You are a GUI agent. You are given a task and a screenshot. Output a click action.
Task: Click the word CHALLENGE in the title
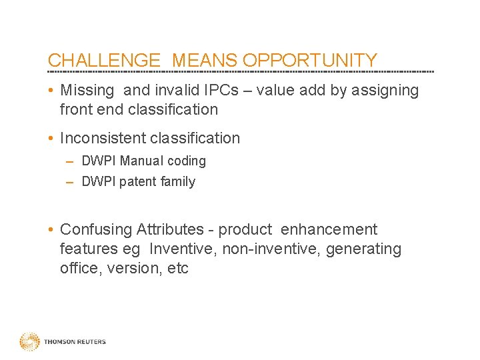point(105,61)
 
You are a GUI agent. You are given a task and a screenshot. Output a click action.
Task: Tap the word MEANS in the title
point(202,61)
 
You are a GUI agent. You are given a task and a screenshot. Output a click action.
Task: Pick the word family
point(177,181)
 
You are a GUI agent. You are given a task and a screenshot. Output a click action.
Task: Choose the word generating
point(365,249)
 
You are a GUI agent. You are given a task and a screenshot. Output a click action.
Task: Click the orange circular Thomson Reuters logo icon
point(29,342)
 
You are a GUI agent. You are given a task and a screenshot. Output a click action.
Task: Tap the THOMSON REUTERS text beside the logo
point(75,342)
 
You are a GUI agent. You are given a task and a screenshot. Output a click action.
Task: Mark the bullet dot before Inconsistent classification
point(51,139)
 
